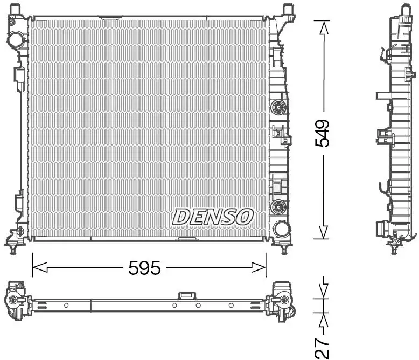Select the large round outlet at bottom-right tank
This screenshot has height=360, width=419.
tap(280, 228)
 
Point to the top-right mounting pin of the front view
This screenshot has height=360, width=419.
tap(286, 9)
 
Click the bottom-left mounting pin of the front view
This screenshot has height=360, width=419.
tap(12, 249)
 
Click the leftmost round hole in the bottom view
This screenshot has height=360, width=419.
tap(66, 306)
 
